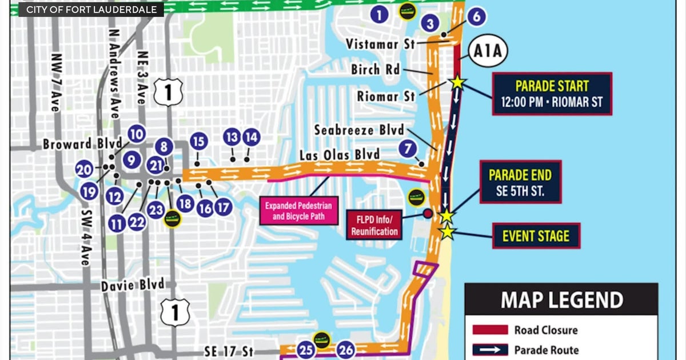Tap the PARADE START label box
click(552, 94)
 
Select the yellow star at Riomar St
click(457, 82)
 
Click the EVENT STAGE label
click(536, 235)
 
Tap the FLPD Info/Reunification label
click(375, 225)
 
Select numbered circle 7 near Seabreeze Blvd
click(407, 149)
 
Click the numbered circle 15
click(198, 141)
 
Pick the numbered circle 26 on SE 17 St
click(345, 349)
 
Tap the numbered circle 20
click(84, 170)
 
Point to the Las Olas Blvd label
click(340, 155)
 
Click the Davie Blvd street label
click(133, 285)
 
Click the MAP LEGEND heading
click(561, 300)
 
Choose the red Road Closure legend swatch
click(490, 330)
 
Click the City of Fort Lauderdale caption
click(91, 10)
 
